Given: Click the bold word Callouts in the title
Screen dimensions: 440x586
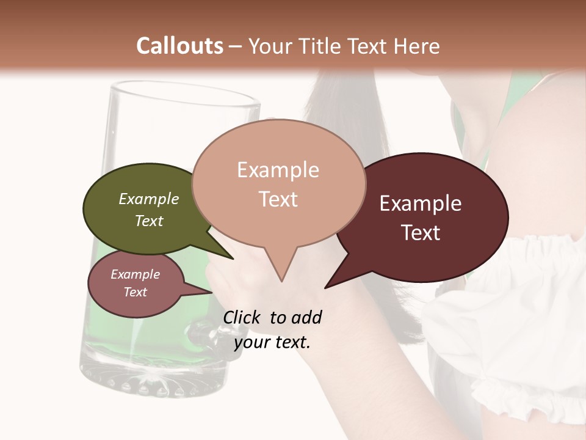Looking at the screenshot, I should (179, 46).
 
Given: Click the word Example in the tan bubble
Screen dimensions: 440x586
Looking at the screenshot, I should (278, 170).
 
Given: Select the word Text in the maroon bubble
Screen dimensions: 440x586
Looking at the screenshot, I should (421, 233).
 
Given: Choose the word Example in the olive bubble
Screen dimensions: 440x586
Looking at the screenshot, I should (149, 199).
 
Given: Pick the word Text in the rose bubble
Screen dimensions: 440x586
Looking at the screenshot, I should (136, 292).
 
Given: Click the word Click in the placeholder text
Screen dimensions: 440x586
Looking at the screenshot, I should (242, 317).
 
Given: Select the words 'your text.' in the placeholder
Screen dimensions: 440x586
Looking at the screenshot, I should (272, 342).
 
